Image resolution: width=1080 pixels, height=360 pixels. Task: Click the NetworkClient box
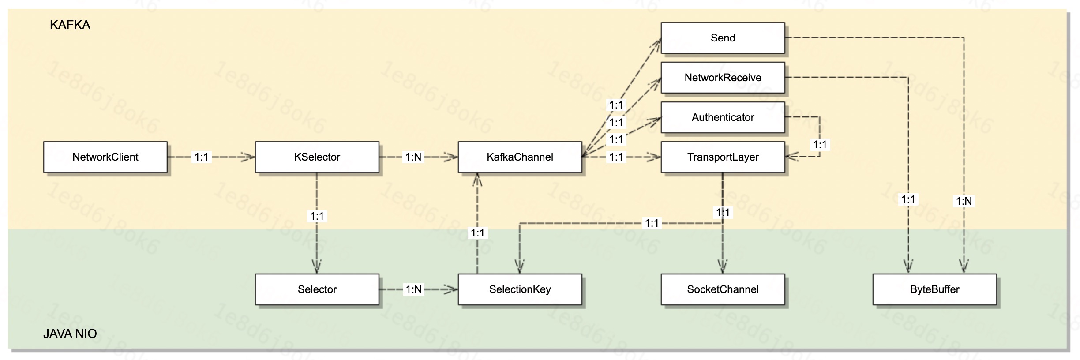[x=105, y=157]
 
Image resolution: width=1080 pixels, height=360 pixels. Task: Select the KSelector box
[x=317, y=157]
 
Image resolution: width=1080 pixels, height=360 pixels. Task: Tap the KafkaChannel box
[x=520, y=157]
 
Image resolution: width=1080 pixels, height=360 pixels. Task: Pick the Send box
[x=723, y=38]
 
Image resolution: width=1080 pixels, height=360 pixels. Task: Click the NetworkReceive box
[x=723, y=78]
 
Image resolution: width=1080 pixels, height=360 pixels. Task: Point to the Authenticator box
[x=723, y=117]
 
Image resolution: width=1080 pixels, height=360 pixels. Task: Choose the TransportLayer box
[x=723, y=157]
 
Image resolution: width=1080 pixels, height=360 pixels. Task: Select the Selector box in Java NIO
[x=317, y=289]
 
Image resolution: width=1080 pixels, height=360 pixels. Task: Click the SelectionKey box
[x=520, y=289]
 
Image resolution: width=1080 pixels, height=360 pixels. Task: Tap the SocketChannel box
[x=723, y=289]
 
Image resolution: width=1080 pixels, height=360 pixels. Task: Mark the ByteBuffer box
[x=934, y=289]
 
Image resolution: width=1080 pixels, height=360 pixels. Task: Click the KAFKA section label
[x=70, y=25]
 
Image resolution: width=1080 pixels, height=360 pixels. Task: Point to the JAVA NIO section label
[x=70, y=334]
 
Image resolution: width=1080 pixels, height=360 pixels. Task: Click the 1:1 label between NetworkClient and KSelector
[x=202, y=157]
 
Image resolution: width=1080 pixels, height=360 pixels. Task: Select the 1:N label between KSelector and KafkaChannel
[x=413, y=157]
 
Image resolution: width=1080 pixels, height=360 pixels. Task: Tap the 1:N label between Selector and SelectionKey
[x=413, y=289]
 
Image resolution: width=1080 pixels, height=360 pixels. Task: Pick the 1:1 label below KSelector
[x=317, y=216]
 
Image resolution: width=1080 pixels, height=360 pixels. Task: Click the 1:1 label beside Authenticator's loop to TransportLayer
[x=820, y=145]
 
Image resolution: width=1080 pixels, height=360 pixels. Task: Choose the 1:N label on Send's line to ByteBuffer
[x=964, y=201]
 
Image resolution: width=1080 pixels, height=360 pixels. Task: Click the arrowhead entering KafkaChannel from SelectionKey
[x=477, y=179]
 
